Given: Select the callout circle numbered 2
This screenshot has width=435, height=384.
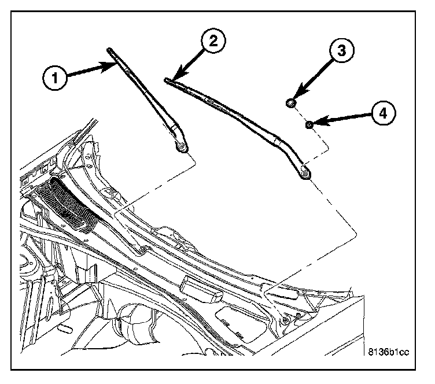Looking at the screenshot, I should [x=213, y=42].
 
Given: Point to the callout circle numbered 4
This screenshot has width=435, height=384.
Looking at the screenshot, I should [x=382, y=113].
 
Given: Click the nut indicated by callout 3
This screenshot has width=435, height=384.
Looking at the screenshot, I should [x=291, y=104].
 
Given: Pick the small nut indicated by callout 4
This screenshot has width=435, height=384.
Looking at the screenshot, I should [x=310, y=124].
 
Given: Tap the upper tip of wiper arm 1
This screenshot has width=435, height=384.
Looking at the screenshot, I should [x=109, y=50].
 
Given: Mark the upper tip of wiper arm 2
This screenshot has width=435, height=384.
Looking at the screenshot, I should [x=167, y=80].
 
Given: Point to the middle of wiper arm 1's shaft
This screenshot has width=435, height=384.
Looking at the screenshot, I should [x=146, y=98].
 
